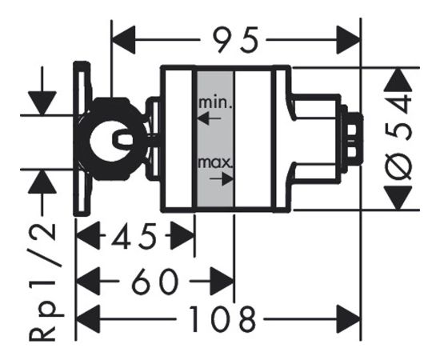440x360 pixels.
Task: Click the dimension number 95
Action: (235, 40)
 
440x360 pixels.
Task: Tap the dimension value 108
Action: (222, 318)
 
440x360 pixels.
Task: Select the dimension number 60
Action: (154, 281)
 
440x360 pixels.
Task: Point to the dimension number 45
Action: (134, 235)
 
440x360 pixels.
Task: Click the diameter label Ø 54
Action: (399, 137)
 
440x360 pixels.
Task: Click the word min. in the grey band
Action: (215, 103)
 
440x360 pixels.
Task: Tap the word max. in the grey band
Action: (215, 162)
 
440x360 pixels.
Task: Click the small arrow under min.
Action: (210, 118)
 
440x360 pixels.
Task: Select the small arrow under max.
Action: (222, 178)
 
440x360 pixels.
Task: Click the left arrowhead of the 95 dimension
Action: (123, 40)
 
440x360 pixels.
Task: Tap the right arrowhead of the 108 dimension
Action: (349, 319)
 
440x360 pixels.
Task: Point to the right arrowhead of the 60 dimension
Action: (222, 281)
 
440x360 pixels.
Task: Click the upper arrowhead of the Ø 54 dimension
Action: (398, 80)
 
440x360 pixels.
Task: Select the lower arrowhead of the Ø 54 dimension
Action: (398, 198)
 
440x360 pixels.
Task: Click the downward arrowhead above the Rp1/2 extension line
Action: (42, 103)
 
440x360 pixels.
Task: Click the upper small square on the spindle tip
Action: (353, 130)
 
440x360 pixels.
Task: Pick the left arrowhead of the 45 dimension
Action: (88, 235)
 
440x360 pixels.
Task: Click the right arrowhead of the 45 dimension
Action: (182, 235)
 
